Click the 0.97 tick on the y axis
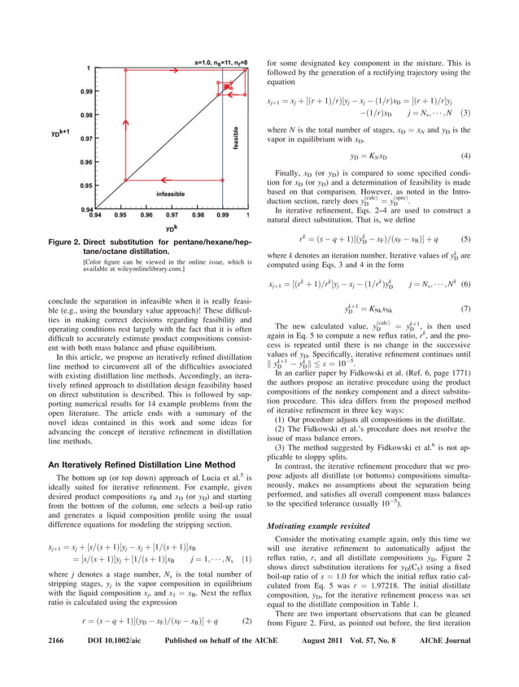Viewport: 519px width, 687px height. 85,139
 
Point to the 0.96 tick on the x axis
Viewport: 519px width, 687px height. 146,216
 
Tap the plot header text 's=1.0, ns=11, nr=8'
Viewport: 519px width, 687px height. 220,62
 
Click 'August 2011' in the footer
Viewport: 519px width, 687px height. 325,667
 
